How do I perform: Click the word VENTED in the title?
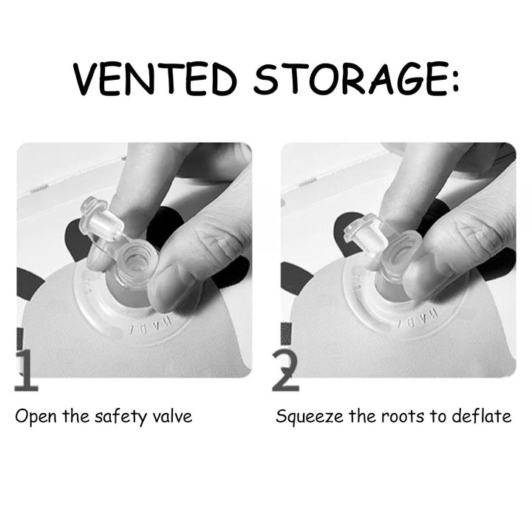click(155, 79)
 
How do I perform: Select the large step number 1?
click(26, 370)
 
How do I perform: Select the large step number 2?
click(286, 370)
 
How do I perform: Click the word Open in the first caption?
click(35, 417)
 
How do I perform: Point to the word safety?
click(120, 417)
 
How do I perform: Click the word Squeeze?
click(309, 417)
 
